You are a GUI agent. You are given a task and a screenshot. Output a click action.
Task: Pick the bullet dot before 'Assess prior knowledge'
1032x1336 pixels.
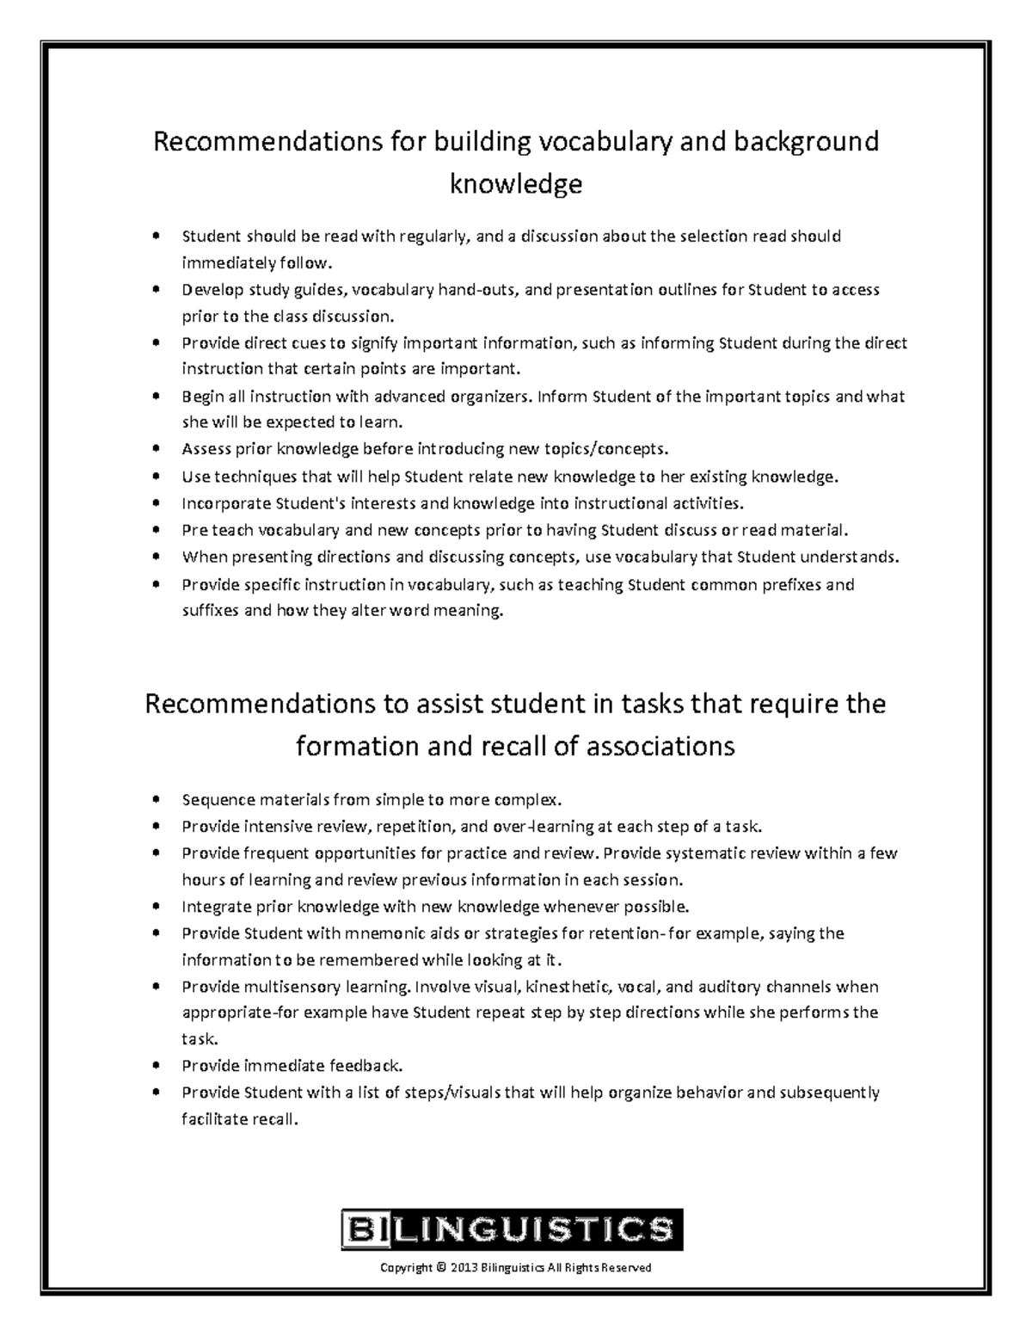155,449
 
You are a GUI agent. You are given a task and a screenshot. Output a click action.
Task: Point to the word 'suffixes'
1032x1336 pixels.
211,612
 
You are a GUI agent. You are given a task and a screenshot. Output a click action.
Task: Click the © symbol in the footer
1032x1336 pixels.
441,1267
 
